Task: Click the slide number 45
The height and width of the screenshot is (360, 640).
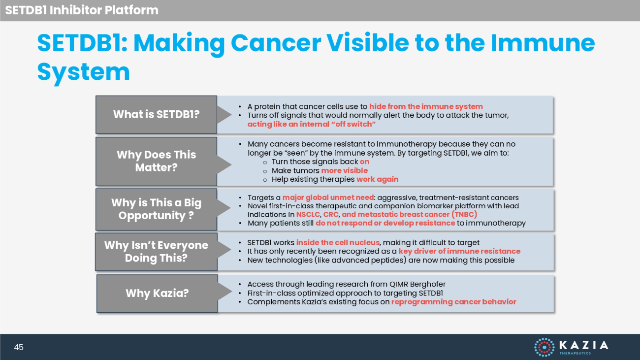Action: [x=19, y=347]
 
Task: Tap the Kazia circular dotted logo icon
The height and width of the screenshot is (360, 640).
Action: [x=544, y=347]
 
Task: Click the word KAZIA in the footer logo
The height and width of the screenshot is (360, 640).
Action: [x=583, y=345]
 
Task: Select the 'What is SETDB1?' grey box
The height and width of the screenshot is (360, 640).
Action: [x=156, y=115]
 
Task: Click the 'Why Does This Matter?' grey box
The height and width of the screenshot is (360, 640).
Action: [x=156, y=161]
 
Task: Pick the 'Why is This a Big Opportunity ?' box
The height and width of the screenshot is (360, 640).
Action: [x=156, y=209]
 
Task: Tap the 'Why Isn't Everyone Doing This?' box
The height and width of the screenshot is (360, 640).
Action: [x=156, y=252]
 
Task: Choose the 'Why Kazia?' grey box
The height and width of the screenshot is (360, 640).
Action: [x=157, y=294]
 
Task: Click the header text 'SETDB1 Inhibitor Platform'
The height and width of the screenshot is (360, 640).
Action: [x=82, y=10]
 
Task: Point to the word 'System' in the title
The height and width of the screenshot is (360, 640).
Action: [x=83, y=72]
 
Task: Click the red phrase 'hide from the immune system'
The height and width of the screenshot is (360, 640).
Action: [x=426, y=106]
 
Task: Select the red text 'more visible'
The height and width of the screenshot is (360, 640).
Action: [x=345, y=170]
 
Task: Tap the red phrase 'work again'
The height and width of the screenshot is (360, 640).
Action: [x=378, y=179]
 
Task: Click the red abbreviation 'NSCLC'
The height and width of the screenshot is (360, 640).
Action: [x=308, y=215]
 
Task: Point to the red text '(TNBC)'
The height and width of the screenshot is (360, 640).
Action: [x=464, y=214]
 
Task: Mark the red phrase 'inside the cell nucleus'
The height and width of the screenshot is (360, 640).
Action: [x=338, y=243]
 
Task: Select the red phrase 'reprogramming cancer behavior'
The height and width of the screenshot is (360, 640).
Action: [x=454, y=302]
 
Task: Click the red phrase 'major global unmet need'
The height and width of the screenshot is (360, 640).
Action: [x=328, y=197]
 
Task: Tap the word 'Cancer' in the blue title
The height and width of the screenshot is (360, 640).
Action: [x=276, y=43]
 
